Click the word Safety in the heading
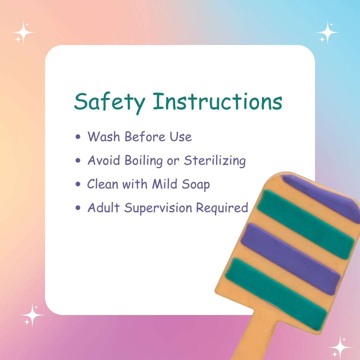(110, 103)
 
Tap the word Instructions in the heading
(217, 101)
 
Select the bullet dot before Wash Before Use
(78, 137)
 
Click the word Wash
(104, 137)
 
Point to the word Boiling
(144, 160)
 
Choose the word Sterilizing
(215, 160)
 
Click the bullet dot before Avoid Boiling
(78, 160)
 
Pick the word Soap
(196, 185)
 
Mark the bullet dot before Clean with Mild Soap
(78, 184)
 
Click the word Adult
(104, 208)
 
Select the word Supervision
(158, 208)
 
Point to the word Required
(222, 208)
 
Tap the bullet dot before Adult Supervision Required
(78, 208)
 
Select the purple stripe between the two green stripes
(290, 259)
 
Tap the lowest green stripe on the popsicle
(276, 294)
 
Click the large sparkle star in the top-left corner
(23, 32)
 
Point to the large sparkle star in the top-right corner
(328, 32)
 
